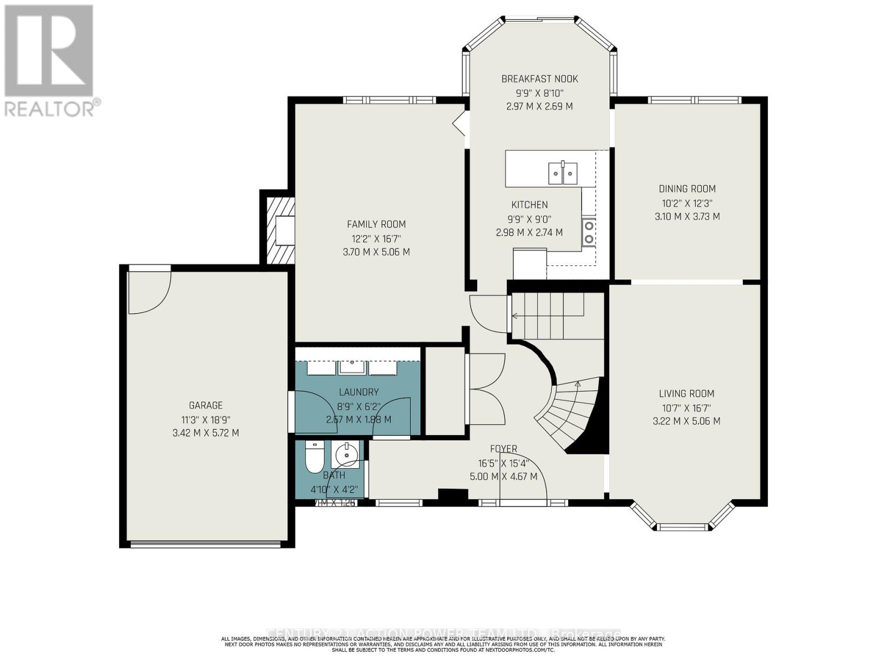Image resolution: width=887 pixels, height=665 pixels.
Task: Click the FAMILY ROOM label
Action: pyautogui.click(x=376, y=224)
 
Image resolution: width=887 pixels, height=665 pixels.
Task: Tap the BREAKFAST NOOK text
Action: pyautogui.click(x=539, y=79)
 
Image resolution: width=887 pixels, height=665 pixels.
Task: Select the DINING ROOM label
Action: pyautogui.click(x=687, y=188)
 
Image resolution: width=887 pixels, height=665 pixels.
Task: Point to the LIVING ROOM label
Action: pyautogui.click(x=686, y=393)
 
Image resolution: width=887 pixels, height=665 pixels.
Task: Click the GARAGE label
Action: pyautogui.click(x=206, y=405)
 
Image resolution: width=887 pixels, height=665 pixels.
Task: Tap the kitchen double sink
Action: pyautogui.click(x=563, y=173)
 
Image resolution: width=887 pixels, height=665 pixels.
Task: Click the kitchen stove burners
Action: pyautogui.click(x=588, y=232)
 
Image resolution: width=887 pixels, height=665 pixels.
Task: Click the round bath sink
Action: pyautogui.click(x=347, y=456)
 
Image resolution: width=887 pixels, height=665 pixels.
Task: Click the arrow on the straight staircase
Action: pyautogui.click(x=515, y=316)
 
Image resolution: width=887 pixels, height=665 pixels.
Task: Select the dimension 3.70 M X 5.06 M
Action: pyautogui.click(x=376, y=252)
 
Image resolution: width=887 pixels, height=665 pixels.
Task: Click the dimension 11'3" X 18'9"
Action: pyautogui.click(x=206, y=420)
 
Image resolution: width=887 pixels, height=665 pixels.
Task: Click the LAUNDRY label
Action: pyautogui.click(x=359, y=392)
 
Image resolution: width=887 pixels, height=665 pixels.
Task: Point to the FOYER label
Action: pyautogui.click(x=503, y=449)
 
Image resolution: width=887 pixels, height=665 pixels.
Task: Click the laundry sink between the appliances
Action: pyautogui.click(x=351, y=367)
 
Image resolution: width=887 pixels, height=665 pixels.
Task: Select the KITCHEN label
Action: pyautogui.click(x=529, y=204)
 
